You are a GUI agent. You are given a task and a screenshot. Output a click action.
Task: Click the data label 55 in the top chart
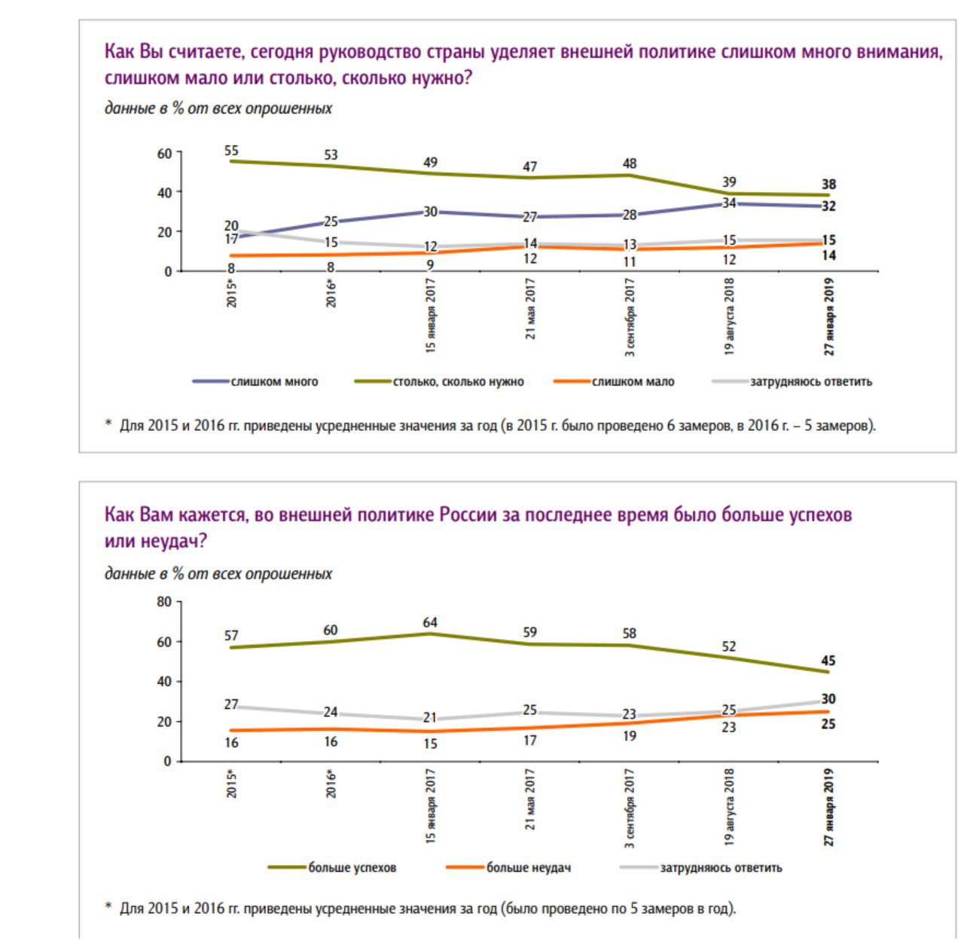231,151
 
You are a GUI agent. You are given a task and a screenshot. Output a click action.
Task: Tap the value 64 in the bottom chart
430,622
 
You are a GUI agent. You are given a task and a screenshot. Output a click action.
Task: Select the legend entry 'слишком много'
274,382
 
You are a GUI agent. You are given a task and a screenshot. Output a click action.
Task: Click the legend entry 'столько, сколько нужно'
458,382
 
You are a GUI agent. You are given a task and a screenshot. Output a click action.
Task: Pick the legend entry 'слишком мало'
633,382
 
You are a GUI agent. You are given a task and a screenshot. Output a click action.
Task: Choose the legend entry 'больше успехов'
352,868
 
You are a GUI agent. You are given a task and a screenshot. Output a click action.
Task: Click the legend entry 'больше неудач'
528,868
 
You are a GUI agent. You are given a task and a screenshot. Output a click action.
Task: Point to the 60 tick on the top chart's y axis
164,153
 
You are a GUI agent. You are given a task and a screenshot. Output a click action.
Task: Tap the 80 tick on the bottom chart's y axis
164,602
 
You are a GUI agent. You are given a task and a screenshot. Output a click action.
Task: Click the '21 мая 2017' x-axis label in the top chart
530,309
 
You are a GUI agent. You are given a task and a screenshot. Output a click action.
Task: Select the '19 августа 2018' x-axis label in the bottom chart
729,806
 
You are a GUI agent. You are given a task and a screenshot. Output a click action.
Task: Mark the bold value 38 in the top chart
828,185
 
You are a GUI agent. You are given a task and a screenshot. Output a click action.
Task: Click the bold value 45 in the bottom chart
828,661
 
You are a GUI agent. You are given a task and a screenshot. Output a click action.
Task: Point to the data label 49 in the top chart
430,162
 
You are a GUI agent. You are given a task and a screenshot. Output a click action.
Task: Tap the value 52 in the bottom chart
729,646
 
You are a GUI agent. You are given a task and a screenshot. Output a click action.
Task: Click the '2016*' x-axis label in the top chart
331,292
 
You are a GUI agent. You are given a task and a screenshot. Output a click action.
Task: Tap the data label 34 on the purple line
729,203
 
